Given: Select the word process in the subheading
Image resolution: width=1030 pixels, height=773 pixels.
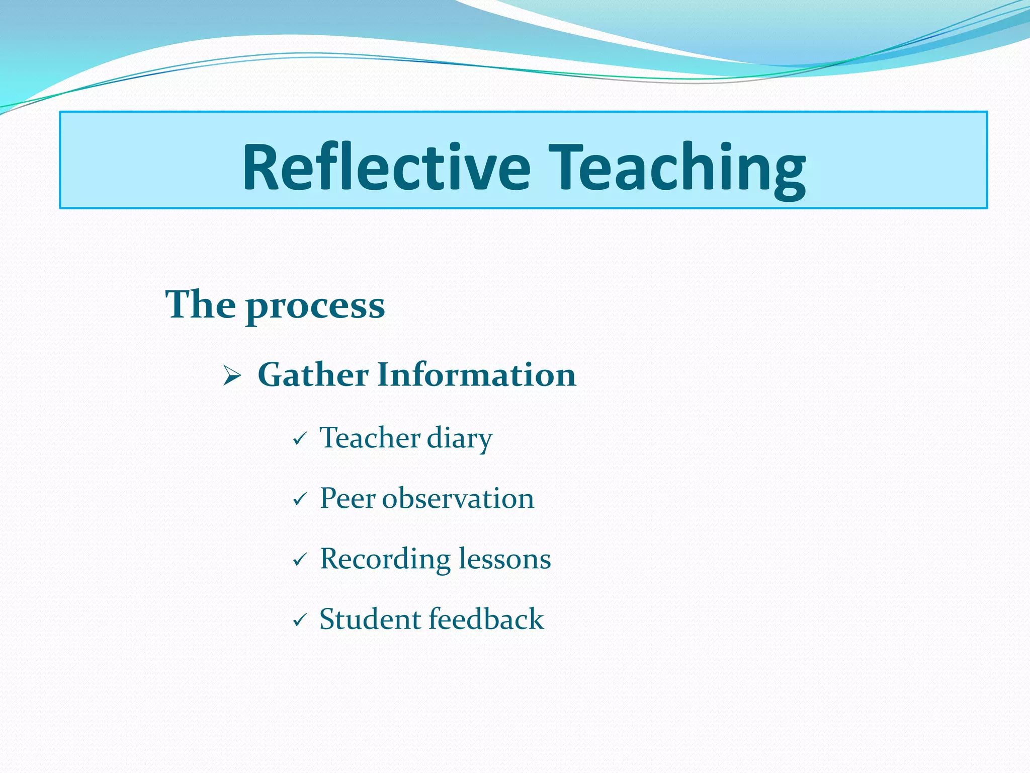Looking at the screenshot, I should point(315,307).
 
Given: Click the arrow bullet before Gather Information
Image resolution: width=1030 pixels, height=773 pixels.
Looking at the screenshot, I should point(232,376).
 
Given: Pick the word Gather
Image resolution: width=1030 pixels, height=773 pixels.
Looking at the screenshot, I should point(313,375).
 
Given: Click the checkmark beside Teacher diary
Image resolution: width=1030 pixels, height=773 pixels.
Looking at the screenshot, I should point(300,439).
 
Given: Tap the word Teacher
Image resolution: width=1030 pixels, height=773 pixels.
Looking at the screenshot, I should point(370,437).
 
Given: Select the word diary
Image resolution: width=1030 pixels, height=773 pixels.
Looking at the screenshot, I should point(459,439).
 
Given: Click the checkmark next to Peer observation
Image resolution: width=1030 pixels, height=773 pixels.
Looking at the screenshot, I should point(300,499).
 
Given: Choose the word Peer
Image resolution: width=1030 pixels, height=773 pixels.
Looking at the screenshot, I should point(348,499).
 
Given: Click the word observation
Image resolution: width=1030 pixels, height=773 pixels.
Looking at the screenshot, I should point(458,499).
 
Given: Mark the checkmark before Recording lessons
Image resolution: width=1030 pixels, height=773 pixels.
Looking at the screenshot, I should point(300,559).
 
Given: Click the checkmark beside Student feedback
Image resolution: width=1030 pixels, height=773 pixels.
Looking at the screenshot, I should point(300,620).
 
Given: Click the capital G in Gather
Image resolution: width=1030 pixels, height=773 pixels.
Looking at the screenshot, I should point(272,375).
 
